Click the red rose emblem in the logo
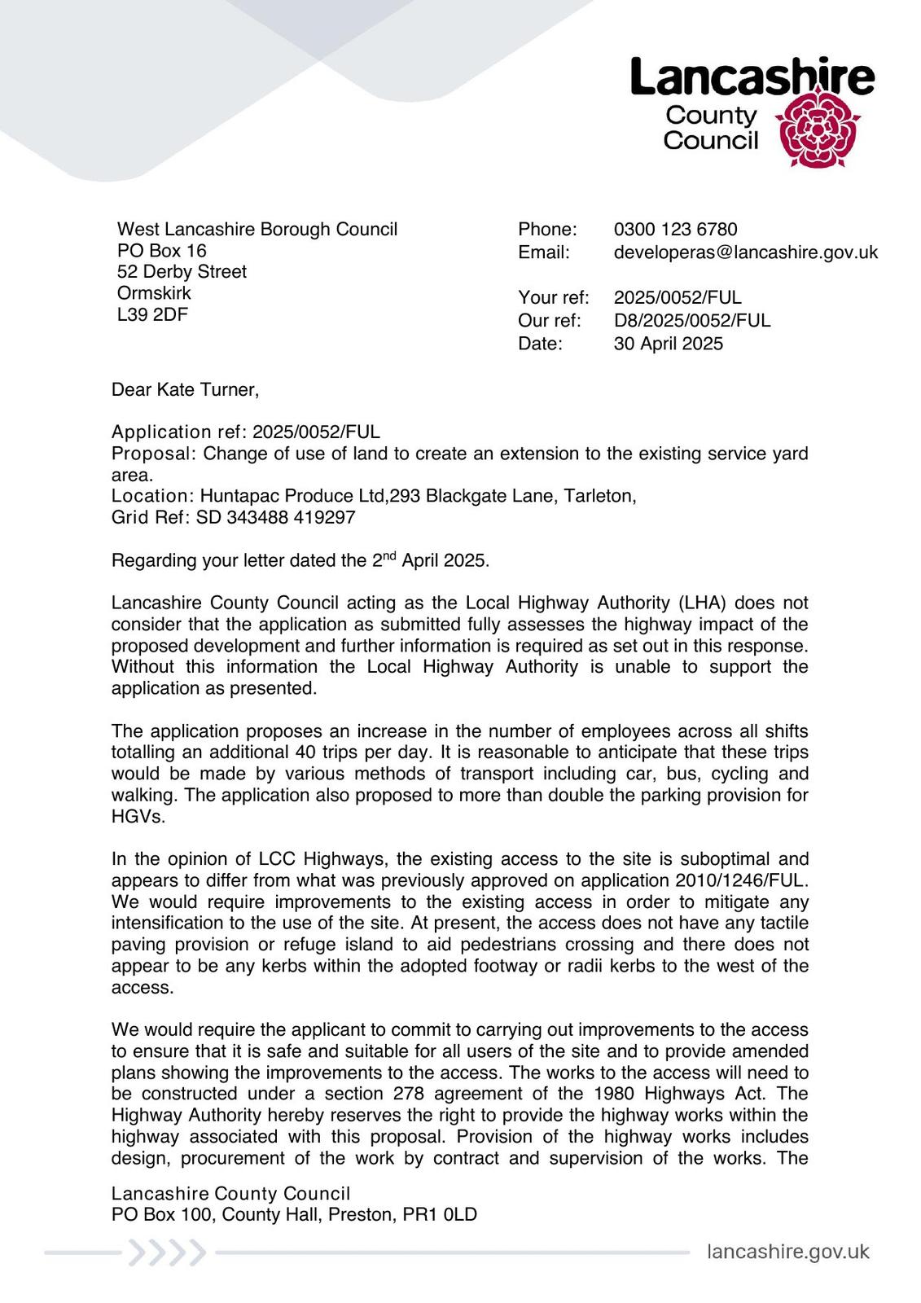(815, 128)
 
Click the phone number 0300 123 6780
(675, 230)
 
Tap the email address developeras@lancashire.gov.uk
(745, 252)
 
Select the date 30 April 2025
(668, 344)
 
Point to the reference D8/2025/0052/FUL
(691, 321)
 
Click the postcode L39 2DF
(152, 314)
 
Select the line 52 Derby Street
(182, 272)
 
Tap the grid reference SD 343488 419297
(275, 517)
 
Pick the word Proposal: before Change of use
(154, 454)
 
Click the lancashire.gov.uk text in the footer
(787, 1252)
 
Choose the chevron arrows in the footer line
(166, 1253)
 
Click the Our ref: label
(549, 321)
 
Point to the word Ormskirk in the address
(154, 293)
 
